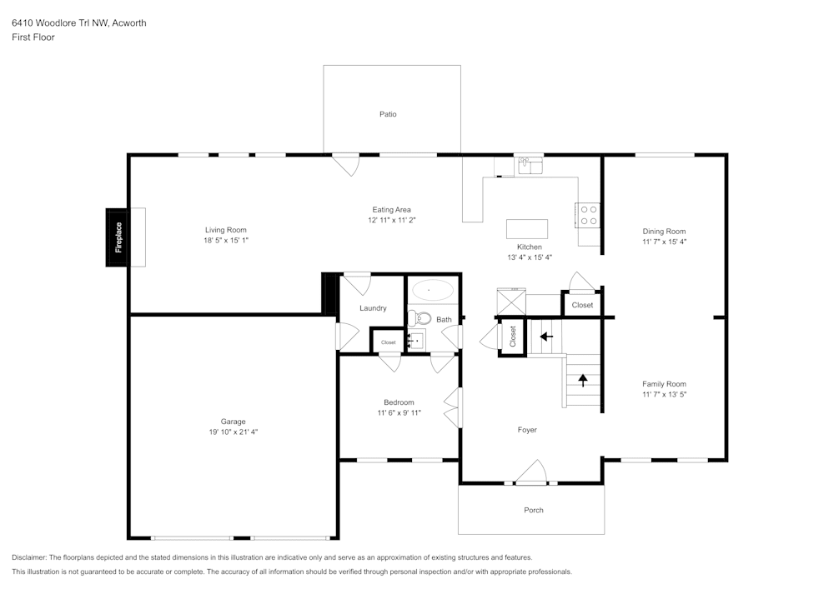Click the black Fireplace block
(118, 237)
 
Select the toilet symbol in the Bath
(420, 317)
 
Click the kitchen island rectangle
(527, 229)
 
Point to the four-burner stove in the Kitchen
(589, 215)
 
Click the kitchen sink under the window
(528, 167)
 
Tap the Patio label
(388, 114)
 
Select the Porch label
(534, 510)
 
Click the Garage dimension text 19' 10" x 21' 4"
(234, 432)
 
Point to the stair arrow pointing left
(546, 337)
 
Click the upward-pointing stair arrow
(583, 380)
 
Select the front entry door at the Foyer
(531, 475)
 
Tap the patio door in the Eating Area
(346, 164)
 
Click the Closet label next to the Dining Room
(582, 305)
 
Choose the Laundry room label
(373, 308)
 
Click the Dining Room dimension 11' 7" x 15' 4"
(664, 242)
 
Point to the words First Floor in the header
(33, 37)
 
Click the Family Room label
(664, 384)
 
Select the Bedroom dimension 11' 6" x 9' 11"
(399, 412)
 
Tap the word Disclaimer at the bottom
(29, 557)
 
